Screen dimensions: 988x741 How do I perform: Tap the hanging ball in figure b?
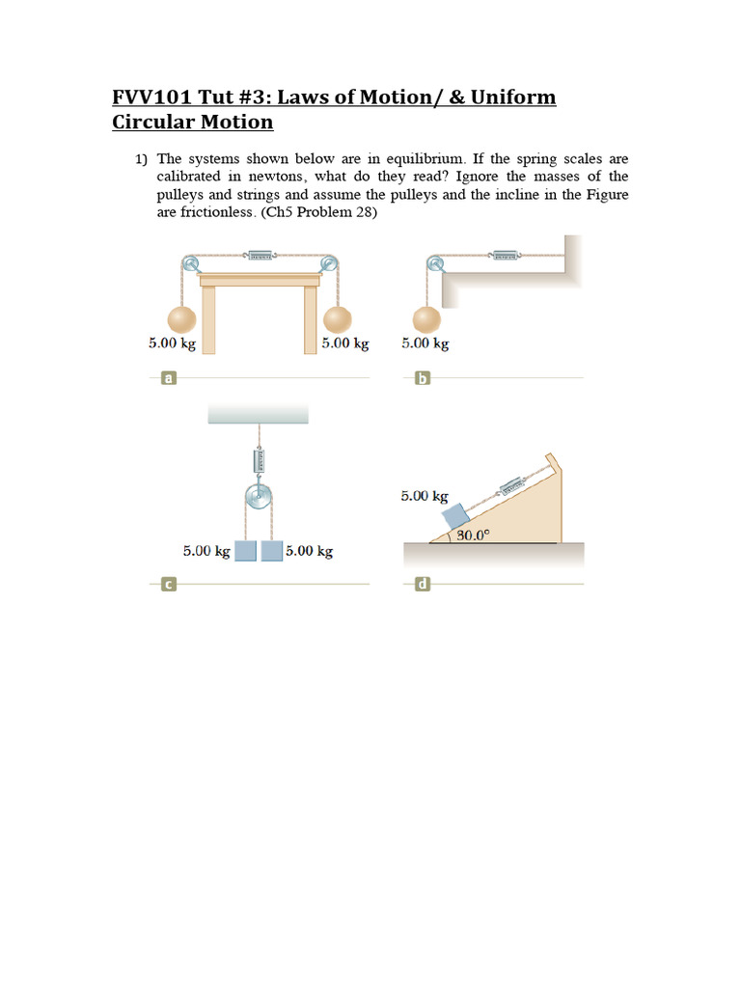coord(425,320)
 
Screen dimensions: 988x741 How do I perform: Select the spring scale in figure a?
coord(261,256)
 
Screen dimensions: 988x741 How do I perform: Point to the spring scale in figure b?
coord(505,256)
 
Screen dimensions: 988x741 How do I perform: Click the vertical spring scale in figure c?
coord(259,461)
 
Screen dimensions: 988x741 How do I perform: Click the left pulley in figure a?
coord(189,262)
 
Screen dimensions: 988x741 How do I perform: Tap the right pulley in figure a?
coord(330,262)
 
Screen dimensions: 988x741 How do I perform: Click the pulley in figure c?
coord(259,499)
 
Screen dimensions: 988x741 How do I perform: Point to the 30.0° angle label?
coord(473,535)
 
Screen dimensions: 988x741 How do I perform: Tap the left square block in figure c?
coord(246,551)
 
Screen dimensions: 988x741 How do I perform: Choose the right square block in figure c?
coord(271,551)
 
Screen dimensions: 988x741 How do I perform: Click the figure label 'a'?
coord(169,379)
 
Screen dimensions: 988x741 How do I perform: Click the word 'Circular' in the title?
coord(152,123)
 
